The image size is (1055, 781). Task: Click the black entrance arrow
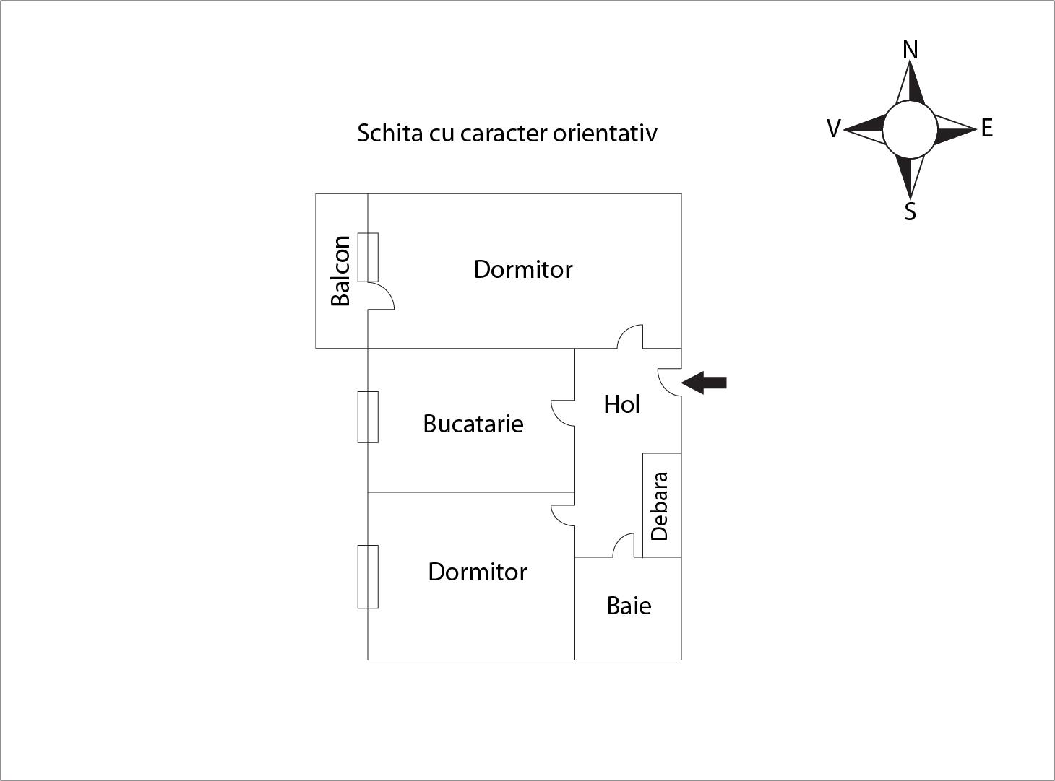704,383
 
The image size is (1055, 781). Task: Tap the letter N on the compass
910,50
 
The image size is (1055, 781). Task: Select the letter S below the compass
910,211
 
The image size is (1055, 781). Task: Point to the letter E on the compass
987,128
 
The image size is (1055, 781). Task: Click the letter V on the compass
834,128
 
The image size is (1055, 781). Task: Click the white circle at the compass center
910,129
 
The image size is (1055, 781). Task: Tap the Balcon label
340,271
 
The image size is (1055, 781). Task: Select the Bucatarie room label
473,424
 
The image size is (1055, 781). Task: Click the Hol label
621,404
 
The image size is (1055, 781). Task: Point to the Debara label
660,506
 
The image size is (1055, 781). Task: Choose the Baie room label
629,606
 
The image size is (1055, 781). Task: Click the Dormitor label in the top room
523,269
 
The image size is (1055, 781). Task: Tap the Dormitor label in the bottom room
478,572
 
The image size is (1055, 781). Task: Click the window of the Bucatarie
368,417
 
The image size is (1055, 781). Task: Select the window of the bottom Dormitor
368,577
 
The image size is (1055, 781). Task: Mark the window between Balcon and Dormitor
368,257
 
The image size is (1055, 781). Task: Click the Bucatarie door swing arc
563,413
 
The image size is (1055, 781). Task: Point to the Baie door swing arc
624,545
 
